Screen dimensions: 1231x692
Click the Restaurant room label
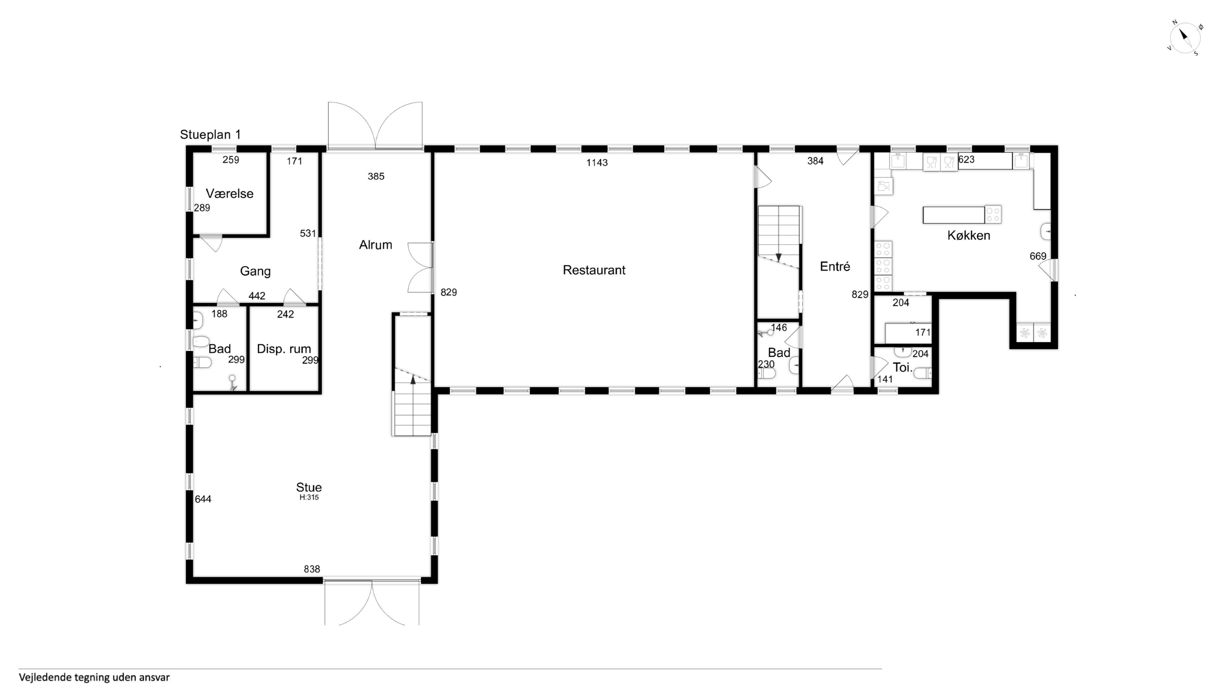594,270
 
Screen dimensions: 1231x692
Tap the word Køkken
969,235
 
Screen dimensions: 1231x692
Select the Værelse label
230,194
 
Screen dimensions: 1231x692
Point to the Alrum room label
376,245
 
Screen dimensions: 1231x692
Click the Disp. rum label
284,349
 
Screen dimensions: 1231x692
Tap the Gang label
255,271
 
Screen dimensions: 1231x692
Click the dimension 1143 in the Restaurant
597,163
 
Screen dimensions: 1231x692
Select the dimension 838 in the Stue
312,569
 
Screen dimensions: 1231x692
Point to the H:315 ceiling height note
309,497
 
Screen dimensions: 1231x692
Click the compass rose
1185,38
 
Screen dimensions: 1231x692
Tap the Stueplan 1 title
210,135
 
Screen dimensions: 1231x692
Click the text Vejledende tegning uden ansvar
94,678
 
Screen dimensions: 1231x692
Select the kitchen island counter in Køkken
954,215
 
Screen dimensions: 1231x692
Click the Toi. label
903,368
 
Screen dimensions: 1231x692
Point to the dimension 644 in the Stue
203,499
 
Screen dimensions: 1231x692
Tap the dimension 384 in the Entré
815,161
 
